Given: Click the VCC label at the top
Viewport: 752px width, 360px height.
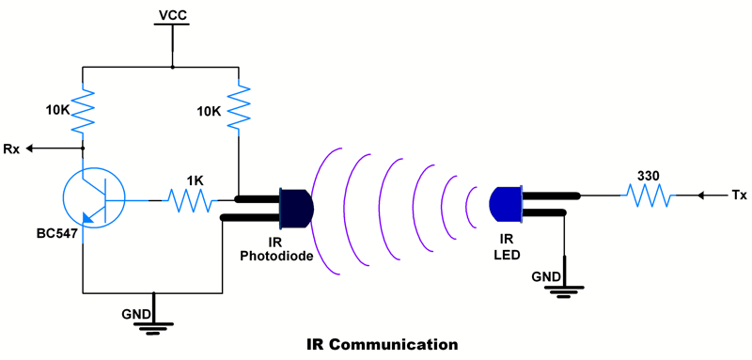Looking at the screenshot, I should (x=173, y=15).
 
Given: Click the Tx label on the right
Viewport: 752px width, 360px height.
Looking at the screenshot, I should (x=739, y=196).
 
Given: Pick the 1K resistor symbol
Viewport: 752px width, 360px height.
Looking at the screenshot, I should (x=191, y=199).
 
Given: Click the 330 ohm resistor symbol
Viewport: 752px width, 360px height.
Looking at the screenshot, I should (x=650, y=196).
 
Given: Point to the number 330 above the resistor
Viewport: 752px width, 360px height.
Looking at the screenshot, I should (x=648, y=176).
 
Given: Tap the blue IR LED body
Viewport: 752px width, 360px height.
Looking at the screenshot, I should (x=506, y=204).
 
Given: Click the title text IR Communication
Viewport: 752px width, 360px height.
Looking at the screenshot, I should (x=383, y=345).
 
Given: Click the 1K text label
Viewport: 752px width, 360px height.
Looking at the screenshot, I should (x=195, y=180).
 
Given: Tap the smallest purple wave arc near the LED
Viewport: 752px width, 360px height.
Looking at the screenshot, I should (x=470, y=205).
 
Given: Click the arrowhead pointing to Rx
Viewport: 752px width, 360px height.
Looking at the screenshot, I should (x=31, y=149).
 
